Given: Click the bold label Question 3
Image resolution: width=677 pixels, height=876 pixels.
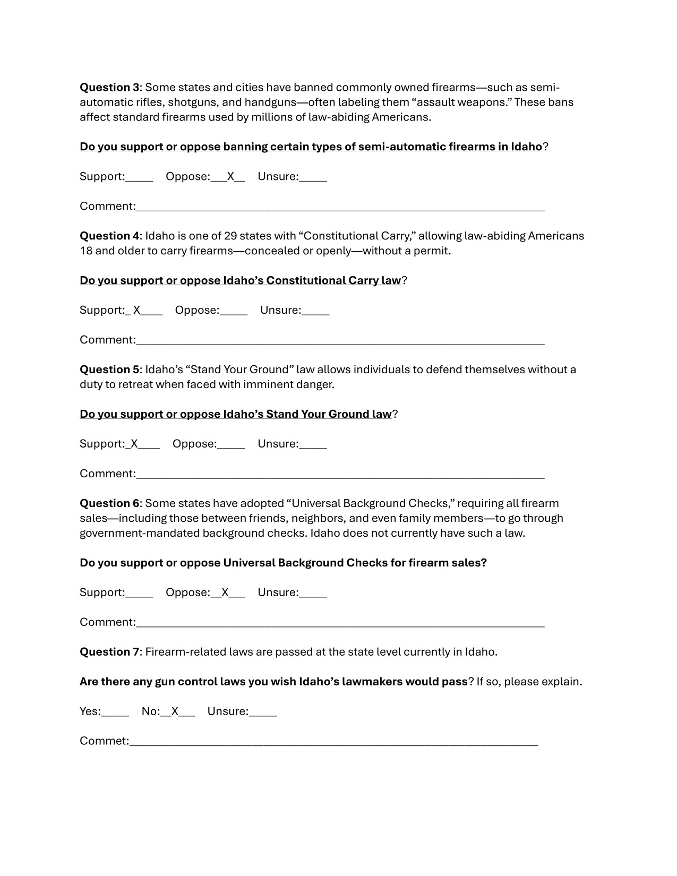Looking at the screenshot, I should click(x=109, y=87).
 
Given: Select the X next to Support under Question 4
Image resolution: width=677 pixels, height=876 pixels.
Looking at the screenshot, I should click(x=137, y=310).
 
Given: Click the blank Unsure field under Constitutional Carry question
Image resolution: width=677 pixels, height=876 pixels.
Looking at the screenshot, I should click(x=315, y=311).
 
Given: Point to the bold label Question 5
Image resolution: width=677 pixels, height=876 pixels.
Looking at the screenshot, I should click(x=109, y=370).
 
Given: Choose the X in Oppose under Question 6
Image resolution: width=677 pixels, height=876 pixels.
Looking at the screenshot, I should click(x=225, y=592).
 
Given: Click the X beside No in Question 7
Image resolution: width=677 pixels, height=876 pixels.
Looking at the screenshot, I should click(x=175, y=711).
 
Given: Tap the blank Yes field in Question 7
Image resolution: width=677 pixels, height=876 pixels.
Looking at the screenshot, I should click(x=115, y=712).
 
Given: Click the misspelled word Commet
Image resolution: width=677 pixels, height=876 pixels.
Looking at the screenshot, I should click(x=104, y=741).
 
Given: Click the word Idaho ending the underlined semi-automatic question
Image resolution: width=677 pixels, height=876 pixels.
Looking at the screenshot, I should click(x=526, y=147).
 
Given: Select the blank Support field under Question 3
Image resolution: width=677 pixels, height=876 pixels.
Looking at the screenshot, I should click(x=139, y=177).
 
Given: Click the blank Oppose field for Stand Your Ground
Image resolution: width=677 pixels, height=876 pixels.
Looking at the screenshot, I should click(x=231, y=445).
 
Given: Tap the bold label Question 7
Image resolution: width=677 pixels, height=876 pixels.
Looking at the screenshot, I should click(x=109, y=652).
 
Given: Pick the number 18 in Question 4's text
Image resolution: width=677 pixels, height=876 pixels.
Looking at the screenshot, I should click(x=85, y=251).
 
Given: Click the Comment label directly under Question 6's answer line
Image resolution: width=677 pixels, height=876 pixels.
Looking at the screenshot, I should click(x=108, y=622).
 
